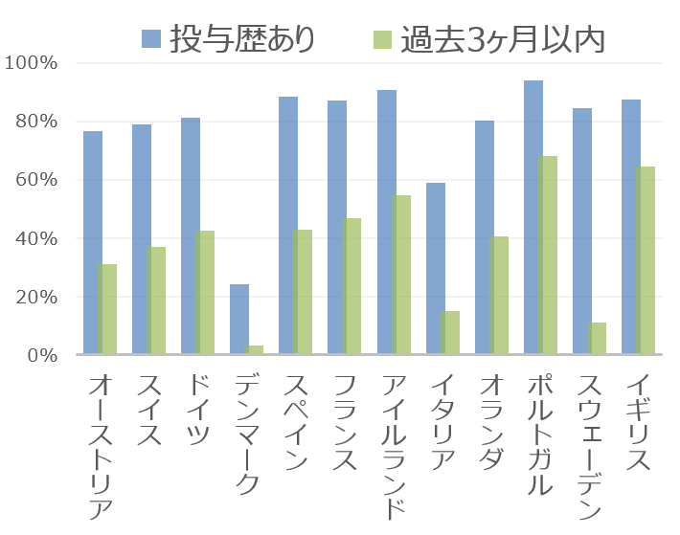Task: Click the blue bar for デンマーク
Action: [239, 320]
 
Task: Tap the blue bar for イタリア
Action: [435, 269]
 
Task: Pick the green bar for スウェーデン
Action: [596, 339]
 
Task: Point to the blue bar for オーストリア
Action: [92, 243]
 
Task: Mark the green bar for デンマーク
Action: [254, 350]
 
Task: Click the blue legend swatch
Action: [151, 39]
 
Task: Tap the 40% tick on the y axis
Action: [37, 238]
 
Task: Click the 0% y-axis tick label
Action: [43, 355]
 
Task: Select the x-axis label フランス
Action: [342, 421]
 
